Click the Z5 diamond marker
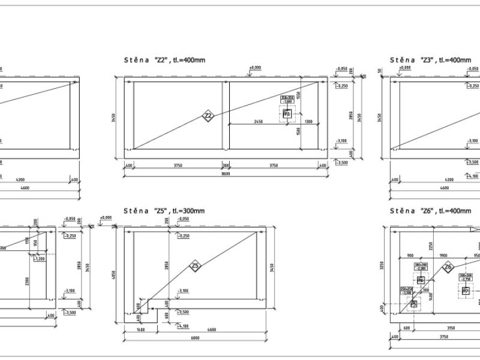click(x=196, y=266)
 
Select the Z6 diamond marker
click(x=447, y=268)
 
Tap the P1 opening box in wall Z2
click(x=287, y=113)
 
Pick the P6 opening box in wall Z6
click(x=421, y=280)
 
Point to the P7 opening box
click(x=465, y=291)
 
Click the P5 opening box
click(x=413, y=304)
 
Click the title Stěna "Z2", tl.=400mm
click(x=159, y=60)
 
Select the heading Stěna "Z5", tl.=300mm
click(x=164, y=211)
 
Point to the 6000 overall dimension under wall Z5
click(x=196, y=338)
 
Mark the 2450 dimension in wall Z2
click(x=259, y=121)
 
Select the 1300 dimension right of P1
click(x=308, y=121)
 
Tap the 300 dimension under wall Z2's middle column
click(x=226, y=164)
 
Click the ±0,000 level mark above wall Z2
click(x=256, y=68)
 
